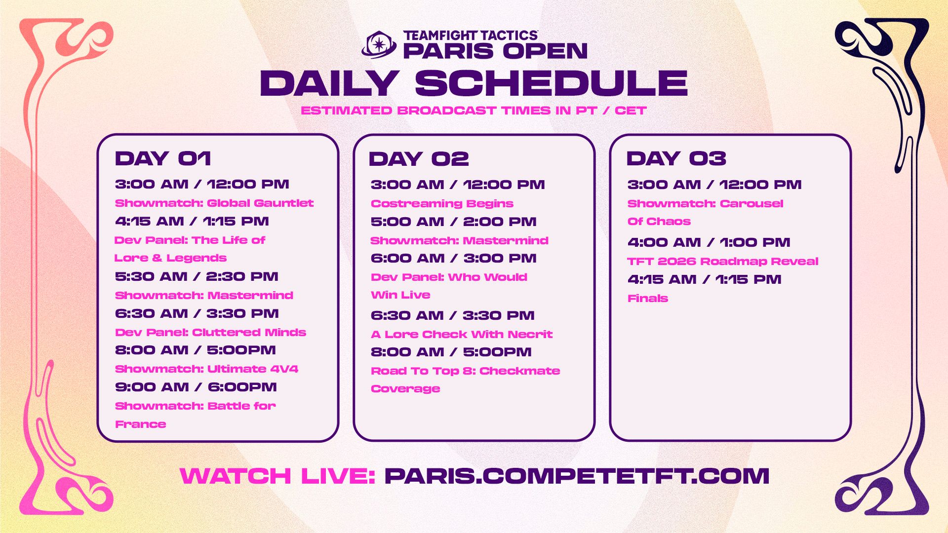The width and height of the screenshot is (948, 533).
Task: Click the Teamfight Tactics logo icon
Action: [x=379, y=45]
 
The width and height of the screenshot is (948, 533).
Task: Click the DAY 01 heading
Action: [x=163, y=158]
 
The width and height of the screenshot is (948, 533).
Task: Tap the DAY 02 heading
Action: [x=419, y=159]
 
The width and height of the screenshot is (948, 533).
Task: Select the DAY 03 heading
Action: [x=676, y=158]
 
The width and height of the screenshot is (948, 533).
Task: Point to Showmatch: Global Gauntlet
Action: [x=214, y=203]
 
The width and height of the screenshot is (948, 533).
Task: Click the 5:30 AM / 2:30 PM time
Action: [x=197, y=276]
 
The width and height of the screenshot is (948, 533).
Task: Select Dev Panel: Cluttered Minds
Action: [x=210, y=332]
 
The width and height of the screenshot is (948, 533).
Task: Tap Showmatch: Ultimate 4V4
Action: [x=206, y=369]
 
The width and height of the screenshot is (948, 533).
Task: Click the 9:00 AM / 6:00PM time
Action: [x=196, y=387]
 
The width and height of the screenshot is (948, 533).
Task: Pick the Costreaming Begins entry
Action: [x=442, y=203]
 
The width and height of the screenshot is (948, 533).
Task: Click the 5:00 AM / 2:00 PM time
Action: [x=453, y=222]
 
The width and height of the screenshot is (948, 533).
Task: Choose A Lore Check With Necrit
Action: [x=462, y=334]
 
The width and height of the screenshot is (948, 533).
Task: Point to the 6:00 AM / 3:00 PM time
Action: [x=453, y=258]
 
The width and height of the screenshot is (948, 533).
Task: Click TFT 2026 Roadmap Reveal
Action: [x=723, y=261]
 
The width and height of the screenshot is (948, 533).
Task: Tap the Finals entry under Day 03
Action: [x=648, y=298]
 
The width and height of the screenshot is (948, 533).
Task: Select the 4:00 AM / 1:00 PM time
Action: [x=709, y=242]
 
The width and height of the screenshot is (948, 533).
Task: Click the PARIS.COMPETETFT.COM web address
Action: [x=577, y=476]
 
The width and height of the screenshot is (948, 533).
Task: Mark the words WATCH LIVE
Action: [x=277, y=476]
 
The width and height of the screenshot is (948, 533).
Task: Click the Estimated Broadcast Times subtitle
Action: [x=474, y=111]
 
